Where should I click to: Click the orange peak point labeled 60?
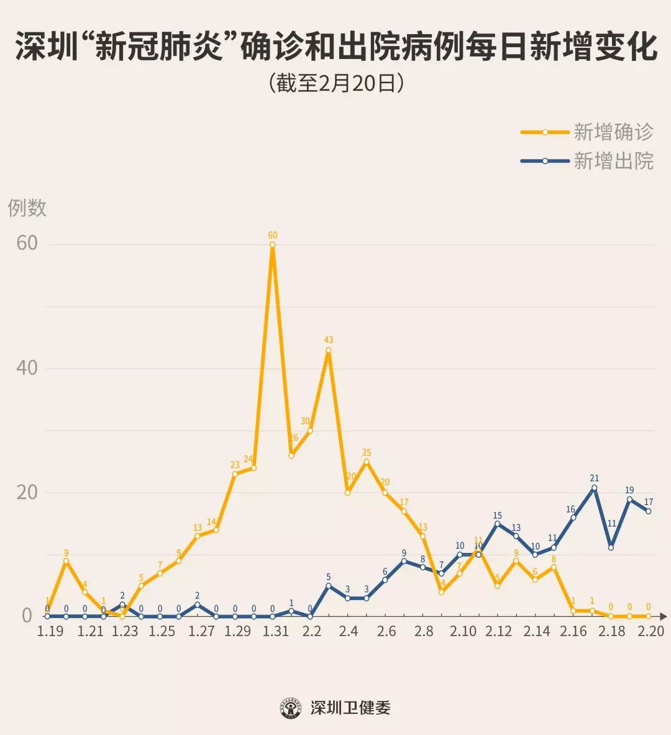[273, 245]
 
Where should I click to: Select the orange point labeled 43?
[329, 350]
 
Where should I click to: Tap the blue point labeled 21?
[594, 488]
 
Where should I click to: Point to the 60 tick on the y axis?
[27, 243]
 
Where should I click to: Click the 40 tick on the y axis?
[27, 367]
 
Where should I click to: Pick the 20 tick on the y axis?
[27, 492]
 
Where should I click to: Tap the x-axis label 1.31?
[275, 631]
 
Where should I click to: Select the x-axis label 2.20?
[650, 631]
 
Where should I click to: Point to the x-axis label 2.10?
[463, 631]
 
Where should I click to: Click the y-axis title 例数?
[27, 208]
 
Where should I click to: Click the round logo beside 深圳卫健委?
[291, 708]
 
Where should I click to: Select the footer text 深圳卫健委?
[350, 708]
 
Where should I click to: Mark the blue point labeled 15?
[497, 524]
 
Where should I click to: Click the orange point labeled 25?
[367, 462]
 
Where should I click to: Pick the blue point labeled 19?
[629, 499]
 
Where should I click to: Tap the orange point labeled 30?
[310, 431]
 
